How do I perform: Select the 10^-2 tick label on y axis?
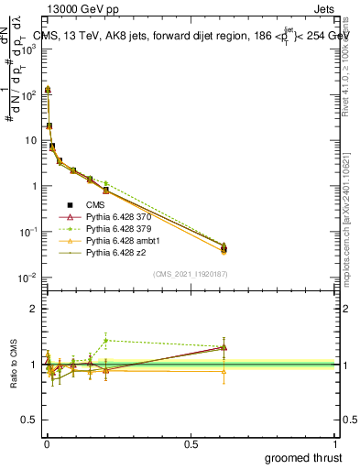[x=29, y=278]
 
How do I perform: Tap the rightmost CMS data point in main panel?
[x=224, y=248]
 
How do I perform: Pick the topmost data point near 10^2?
[x=48, y=90]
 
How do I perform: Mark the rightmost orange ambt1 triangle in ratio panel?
[x=224, y=371]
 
